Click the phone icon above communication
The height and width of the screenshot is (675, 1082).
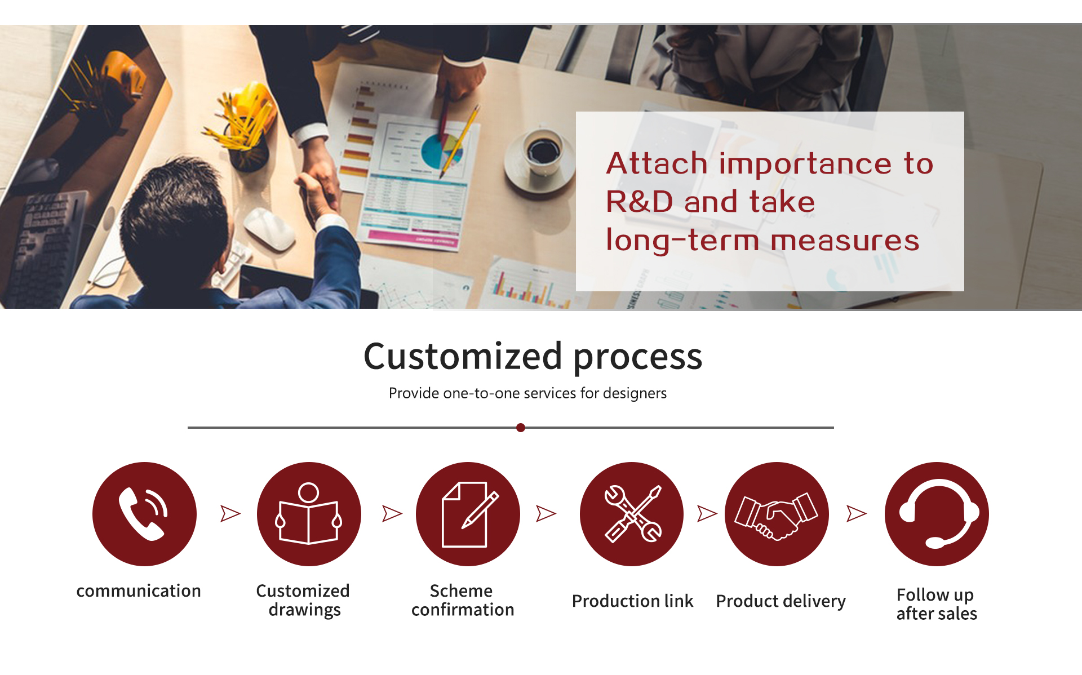pyautogui.click(x=144, y=514)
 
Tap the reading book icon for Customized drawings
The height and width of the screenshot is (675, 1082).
pyautogui.click(x=309, y=514)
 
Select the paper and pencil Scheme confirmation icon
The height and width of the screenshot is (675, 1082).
pyautogui.click(x=468, y=514)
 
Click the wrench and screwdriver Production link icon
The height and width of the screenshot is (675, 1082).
pyautogui.click(x=632, y=514)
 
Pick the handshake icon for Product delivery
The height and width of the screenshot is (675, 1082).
pyautogui.click(x=777, y=514)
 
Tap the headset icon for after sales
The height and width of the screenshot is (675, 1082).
pyautogui.click(x=937, y=514)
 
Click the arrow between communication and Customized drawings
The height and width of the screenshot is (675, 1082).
pyautogui.click(x=230, y=513)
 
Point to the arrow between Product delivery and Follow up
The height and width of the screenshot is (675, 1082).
pyautogui.click(x=856, y=513)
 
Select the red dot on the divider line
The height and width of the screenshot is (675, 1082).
pyautogui.click(x=521, y=428)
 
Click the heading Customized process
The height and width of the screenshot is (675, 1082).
pyautogui.click(x=533, y=356)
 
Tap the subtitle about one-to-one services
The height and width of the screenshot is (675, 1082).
pyautogui.click(x=527, y=393)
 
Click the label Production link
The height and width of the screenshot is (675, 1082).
pyautogui.click(x=632, y=601)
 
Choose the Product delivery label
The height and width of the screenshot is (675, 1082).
pyautogui.click(x=781, y=602)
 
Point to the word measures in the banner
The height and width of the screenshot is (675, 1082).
pyautogui.click(x=845, y=241)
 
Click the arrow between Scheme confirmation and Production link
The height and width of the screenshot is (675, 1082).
pyautogui.click(x=546, y=513)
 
